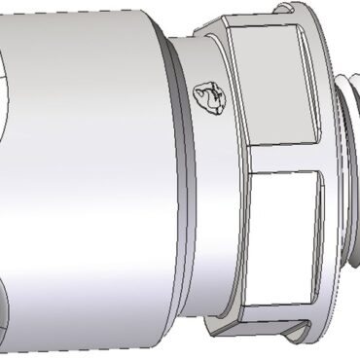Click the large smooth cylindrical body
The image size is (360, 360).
coord(88,175)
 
